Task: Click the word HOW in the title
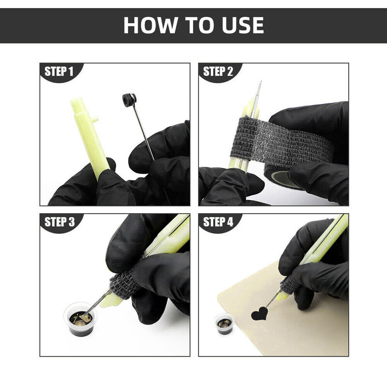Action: (x=150, y=25)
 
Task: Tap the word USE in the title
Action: (x=243, y=25)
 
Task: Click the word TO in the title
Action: (x=200, y=25)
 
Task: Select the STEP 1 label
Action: (x=59, y=72)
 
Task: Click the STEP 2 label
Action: (x=218, y=72)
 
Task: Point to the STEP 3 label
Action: (x=60, y=222)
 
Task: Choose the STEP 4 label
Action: (x=218, y=222)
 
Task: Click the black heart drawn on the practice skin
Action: (x=259, y=313)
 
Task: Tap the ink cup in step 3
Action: (x=80, y=319)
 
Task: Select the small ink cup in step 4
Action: (x=224, y=324)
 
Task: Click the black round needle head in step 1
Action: (x=129, y=100)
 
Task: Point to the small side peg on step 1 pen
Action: (x=95, y=119)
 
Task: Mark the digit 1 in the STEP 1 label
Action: (x=71, y=72)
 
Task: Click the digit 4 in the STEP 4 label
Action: (x=230, y=222)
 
